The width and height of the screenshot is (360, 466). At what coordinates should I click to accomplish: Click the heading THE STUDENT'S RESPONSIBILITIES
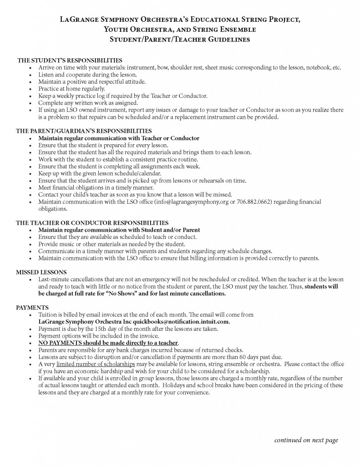click(69, 60)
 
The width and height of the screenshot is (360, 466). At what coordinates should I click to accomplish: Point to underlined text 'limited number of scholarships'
click(96, 364)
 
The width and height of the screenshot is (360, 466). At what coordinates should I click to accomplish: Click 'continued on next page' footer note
click(306, 440)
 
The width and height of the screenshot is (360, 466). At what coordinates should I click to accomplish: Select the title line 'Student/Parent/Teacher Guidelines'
click(180, 40)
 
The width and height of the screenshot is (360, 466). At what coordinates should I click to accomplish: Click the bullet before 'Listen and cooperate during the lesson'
click(30, 75)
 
